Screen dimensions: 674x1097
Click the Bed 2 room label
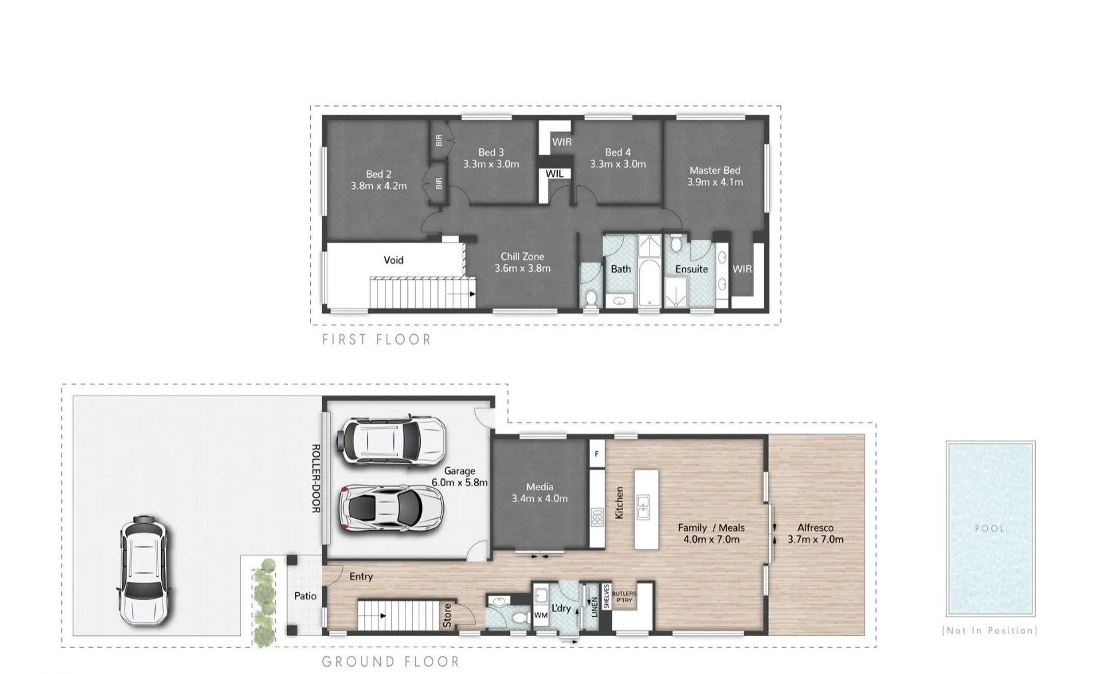pyautogui.click(x=378, y=174)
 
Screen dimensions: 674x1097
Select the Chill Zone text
pyautogui.click(x=522, y=256)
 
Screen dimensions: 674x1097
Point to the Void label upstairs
pyautogui.click(x=393, y=260)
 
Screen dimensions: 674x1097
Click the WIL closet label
pyautogui.click(x=554, y=174)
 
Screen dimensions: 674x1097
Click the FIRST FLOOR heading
pyautogui.click(x=377, y=340)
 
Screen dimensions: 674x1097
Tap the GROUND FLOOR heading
pyautogui.click(x=391, y=661)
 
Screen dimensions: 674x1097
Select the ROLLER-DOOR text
pyautogui.click(x=317, y=478)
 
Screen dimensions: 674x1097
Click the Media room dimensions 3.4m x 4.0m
pyautogui.click(x=539, y=498)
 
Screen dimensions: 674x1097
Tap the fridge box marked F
pyautogui.click(x=597, y=454)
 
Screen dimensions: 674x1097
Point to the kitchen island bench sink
pyautogui.click(x=643, y=507)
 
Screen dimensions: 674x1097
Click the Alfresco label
pyautogui.click(x=815, y=527)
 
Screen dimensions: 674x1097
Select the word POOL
pyautogui.click(x=990, y=528)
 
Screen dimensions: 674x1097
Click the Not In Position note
pyautogui.click(x=990, y=630)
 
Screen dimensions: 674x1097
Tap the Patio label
pyautogui.click(x=306, y=596)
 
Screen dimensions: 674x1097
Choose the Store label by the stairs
pyautogui.click(x=447, y=615)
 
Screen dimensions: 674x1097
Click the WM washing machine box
pyautogui.click(x=541, y=615)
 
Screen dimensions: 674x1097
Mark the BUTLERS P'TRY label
pyautogui.click(x=624, y=596)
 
